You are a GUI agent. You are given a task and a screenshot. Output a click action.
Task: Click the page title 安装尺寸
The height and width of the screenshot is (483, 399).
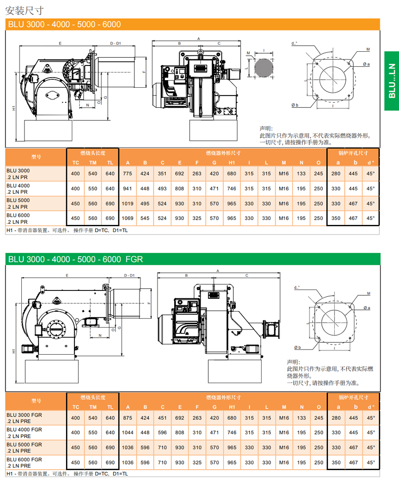[24, 9]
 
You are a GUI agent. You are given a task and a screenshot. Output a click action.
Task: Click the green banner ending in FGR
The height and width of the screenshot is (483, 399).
[75, 259]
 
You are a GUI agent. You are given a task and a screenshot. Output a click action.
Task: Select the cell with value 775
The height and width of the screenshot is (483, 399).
[128, 174]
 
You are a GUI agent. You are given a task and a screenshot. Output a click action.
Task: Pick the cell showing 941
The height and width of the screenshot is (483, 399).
[128, 189]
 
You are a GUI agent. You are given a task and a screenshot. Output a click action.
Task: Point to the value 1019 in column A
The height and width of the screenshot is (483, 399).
[128, 204]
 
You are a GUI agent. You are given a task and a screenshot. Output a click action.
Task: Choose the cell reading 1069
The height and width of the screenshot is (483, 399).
[128, 218]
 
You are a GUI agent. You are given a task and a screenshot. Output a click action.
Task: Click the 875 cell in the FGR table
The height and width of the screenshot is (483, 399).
[128, 418]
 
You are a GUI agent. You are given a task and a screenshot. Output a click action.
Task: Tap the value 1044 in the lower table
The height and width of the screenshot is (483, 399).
[128, 433]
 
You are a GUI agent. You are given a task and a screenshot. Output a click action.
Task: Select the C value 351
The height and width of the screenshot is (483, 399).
[162, 174]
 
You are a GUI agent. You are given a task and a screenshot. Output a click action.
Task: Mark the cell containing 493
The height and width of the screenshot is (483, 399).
[162, 189]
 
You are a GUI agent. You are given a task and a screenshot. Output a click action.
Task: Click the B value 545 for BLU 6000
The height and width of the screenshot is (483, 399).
[145, 218]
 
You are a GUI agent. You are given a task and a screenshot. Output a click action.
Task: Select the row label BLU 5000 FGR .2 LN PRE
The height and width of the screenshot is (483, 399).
[25, 447]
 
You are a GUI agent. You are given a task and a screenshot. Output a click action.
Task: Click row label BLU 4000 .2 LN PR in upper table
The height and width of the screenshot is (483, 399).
[19, 189]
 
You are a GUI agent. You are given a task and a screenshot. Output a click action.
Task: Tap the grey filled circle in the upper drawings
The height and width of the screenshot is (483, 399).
[264, 68]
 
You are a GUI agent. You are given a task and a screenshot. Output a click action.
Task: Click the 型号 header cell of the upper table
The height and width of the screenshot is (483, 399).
[36, 157]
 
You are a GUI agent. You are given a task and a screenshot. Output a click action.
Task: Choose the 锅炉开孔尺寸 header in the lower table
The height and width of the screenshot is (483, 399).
[353, 397]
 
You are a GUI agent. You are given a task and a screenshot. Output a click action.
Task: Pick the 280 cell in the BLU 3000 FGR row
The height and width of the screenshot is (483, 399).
[336, 418]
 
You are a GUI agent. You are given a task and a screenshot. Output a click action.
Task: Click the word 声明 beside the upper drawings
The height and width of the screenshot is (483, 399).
[265, 128]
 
